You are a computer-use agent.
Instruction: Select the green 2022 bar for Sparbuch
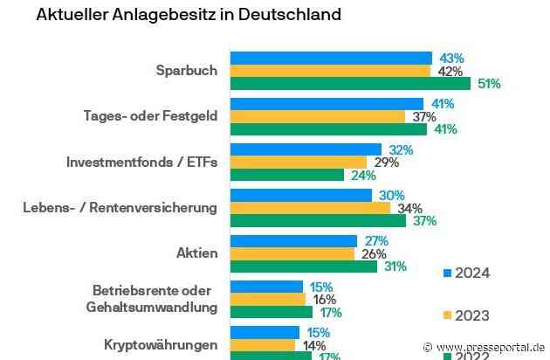tap(350, 84)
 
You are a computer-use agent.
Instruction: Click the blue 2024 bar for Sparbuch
tap(330, 58)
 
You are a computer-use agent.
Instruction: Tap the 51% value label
tap(489, 84)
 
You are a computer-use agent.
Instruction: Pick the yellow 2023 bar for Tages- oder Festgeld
tap(317, 116)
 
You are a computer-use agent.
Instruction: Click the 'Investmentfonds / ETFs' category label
tap(141, 162)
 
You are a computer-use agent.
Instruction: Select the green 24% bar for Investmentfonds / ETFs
tap(286, 175)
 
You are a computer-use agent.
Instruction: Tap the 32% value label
tap(401, 149)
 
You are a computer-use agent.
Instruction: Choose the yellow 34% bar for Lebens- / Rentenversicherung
tap(310, 208)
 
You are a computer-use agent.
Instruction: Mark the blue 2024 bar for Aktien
tap(293, 240)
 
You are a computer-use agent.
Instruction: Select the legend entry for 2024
tap(466, 273)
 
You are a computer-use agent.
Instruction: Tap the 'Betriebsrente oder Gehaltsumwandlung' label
tap(155, 298)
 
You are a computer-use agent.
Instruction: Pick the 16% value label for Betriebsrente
tap(325, 299)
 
